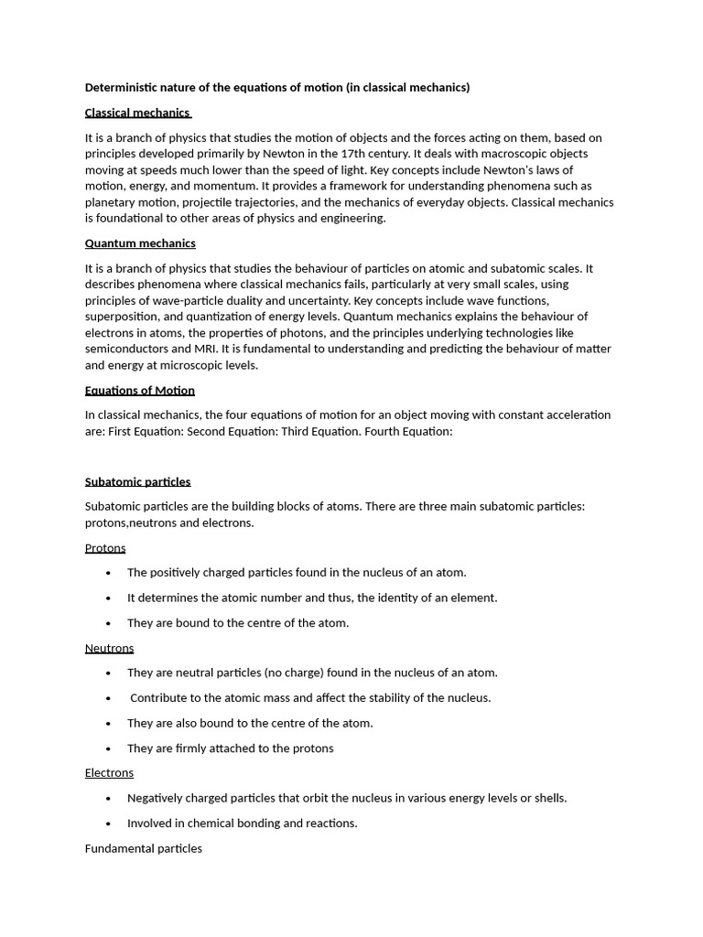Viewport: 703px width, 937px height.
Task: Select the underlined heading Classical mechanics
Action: [137, 113]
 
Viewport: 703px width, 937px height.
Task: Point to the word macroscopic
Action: [506, 154]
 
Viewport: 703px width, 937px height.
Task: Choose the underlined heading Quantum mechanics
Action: [140, 243]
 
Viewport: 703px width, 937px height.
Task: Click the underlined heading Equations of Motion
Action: [140, 391]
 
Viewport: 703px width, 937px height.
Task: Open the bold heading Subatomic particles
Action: [137, 481]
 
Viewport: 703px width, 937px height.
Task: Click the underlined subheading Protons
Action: [105, 548]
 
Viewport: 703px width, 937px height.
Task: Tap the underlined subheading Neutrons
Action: [109, 648]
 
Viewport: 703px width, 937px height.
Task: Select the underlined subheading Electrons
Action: [109, 773]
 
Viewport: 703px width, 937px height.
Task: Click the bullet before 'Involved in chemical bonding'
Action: [109, 824]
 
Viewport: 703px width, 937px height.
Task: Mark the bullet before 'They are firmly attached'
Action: [109, 749]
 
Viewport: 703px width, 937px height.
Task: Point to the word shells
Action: [548, 798]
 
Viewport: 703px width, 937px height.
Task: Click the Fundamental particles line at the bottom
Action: [144, 848]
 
